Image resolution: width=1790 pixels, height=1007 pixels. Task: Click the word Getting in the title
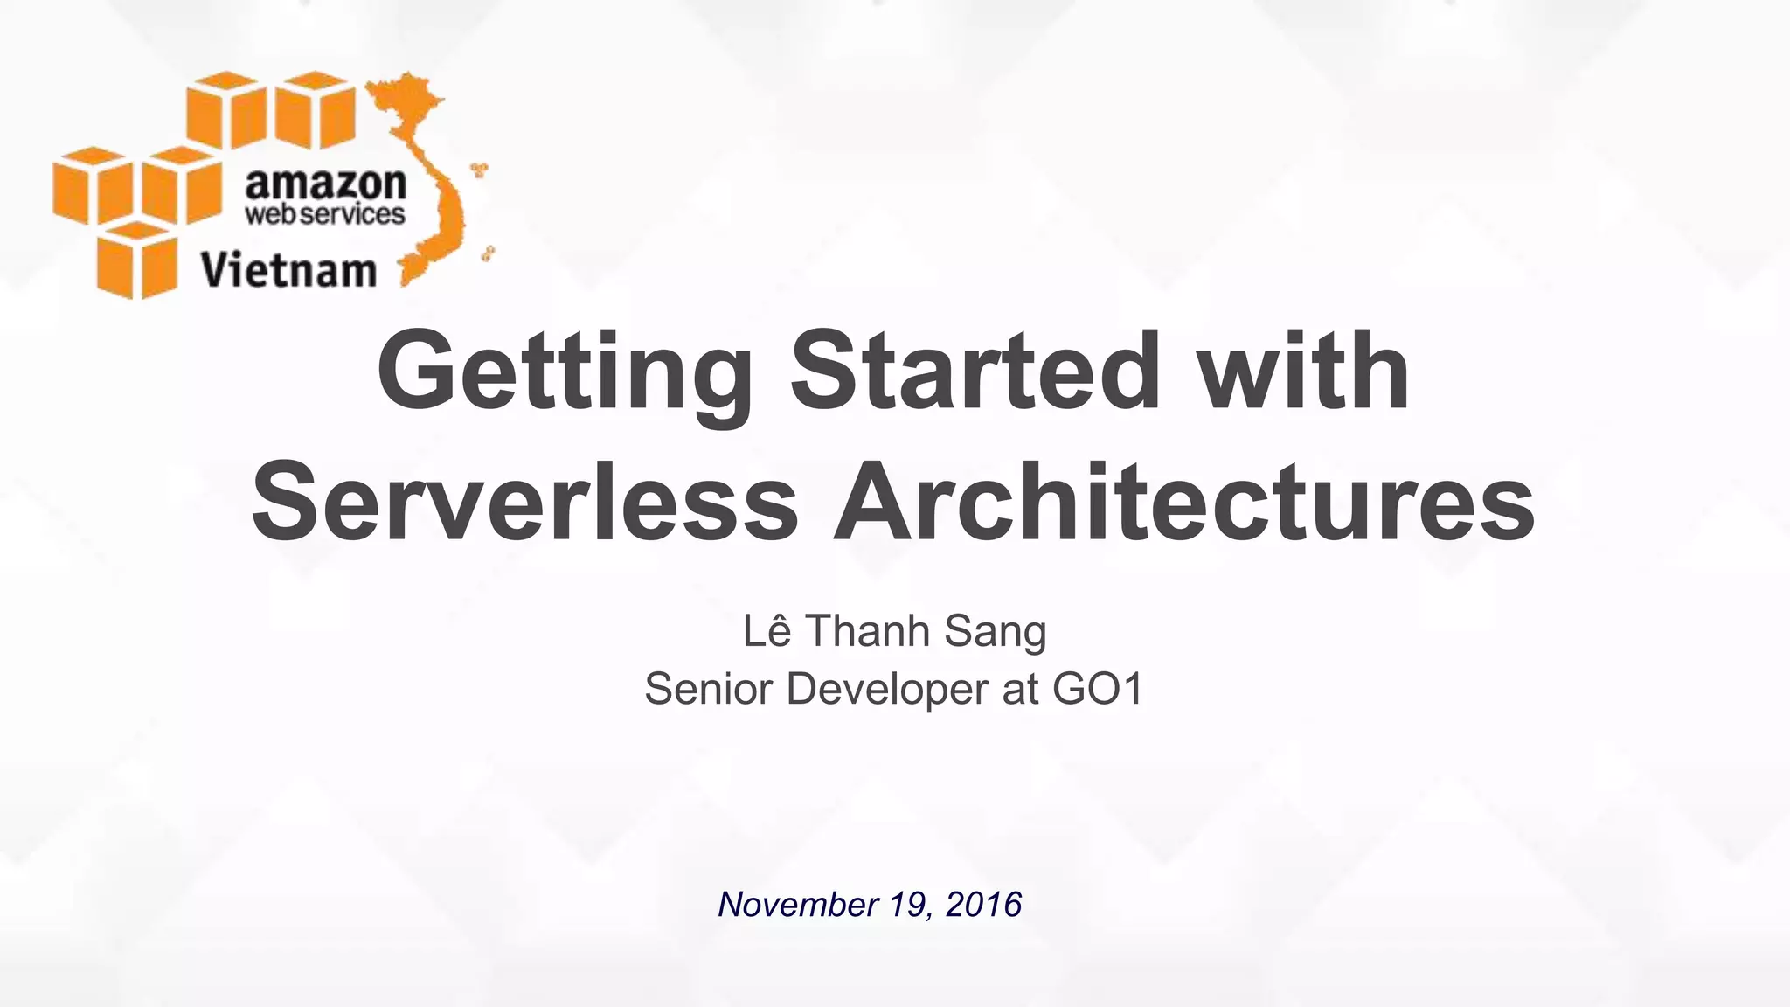pyautogui.click(x=564, y=373)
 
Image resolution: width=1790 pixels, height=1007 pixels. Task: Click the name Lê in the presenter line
pyautogui.click(x=767, y=631)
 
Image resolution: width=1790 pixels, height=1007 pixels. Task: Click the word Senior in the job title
pyautogui.click(x=709, y=689)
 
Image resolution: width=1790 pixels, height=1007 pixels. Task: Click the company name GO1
pyautogui.click(x=1098, y=689)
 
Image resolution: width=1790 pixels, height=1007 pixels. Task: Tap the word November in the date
pyautogui.click(x=796, y=904)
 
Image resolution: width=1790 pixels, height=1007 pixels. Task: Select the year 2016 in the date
pyautogui.click(x=983, y=904)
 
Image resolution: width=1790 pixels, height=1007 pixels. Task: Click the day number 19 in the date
pyautogui.click(x=907, y=904)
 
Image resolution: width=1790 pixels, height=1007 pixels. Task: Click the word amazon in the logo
pyautogui.click(x=325, y=184)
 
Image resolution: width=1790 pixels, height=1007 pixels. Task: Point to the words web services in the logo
pyautogui.click(x=325, y=214)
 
